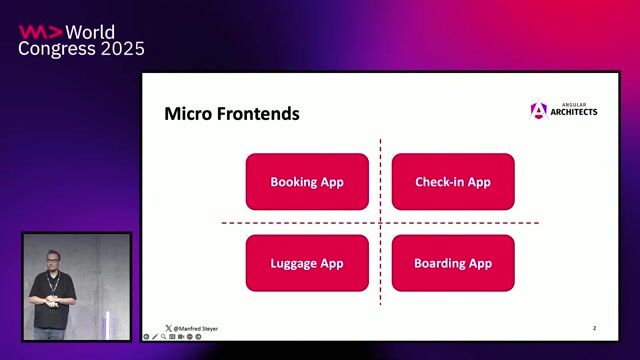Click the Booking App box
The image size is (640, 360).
tap(307, 182)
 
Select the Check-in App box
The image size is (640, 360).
tap(453, 182)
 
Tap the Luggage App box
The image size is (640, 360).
tap(307, 263)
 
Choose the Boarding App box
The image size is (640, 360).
tap(453, 263)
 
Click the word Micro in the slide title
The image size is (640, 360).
tap(186, 114)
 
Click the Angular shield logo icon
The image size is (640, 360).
tap(539, 111)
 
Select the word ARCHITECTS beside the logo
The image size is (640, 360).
tap(574, 113)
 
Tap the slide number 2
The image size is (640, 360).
tap(594, 328)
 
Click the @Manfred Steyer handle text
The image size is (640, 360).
tap(196, 328)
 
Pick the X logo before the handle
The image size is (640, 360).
tap(168, 328)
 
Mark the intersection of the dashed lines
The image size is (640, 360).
tap(380, 222)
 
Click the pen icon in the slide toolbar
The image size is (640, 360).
tap(154, 337)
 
